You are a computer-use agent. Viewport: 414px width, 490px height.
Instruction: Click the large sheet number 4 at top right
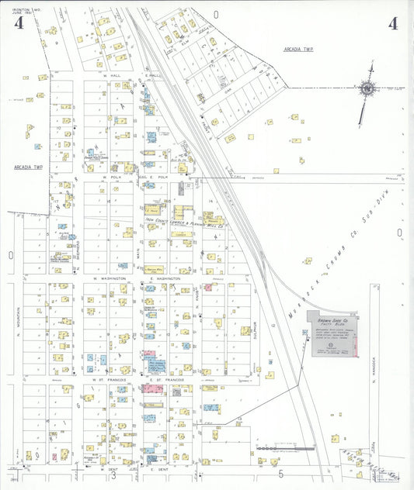(x=393, y=23)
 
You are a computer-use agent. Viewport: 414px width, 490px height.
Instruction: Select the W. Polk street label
(x=113, y=177)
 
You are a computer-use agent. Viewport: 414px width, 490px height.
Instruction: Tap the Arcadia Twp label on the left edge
(x=27, y=167)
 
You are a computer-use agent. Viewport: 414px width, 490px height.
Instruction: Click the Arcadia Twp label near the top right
(x=300, y=49)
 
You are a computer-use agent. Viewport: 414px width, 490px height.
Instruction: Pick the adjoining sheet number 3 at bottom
(x=113, y=475)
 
